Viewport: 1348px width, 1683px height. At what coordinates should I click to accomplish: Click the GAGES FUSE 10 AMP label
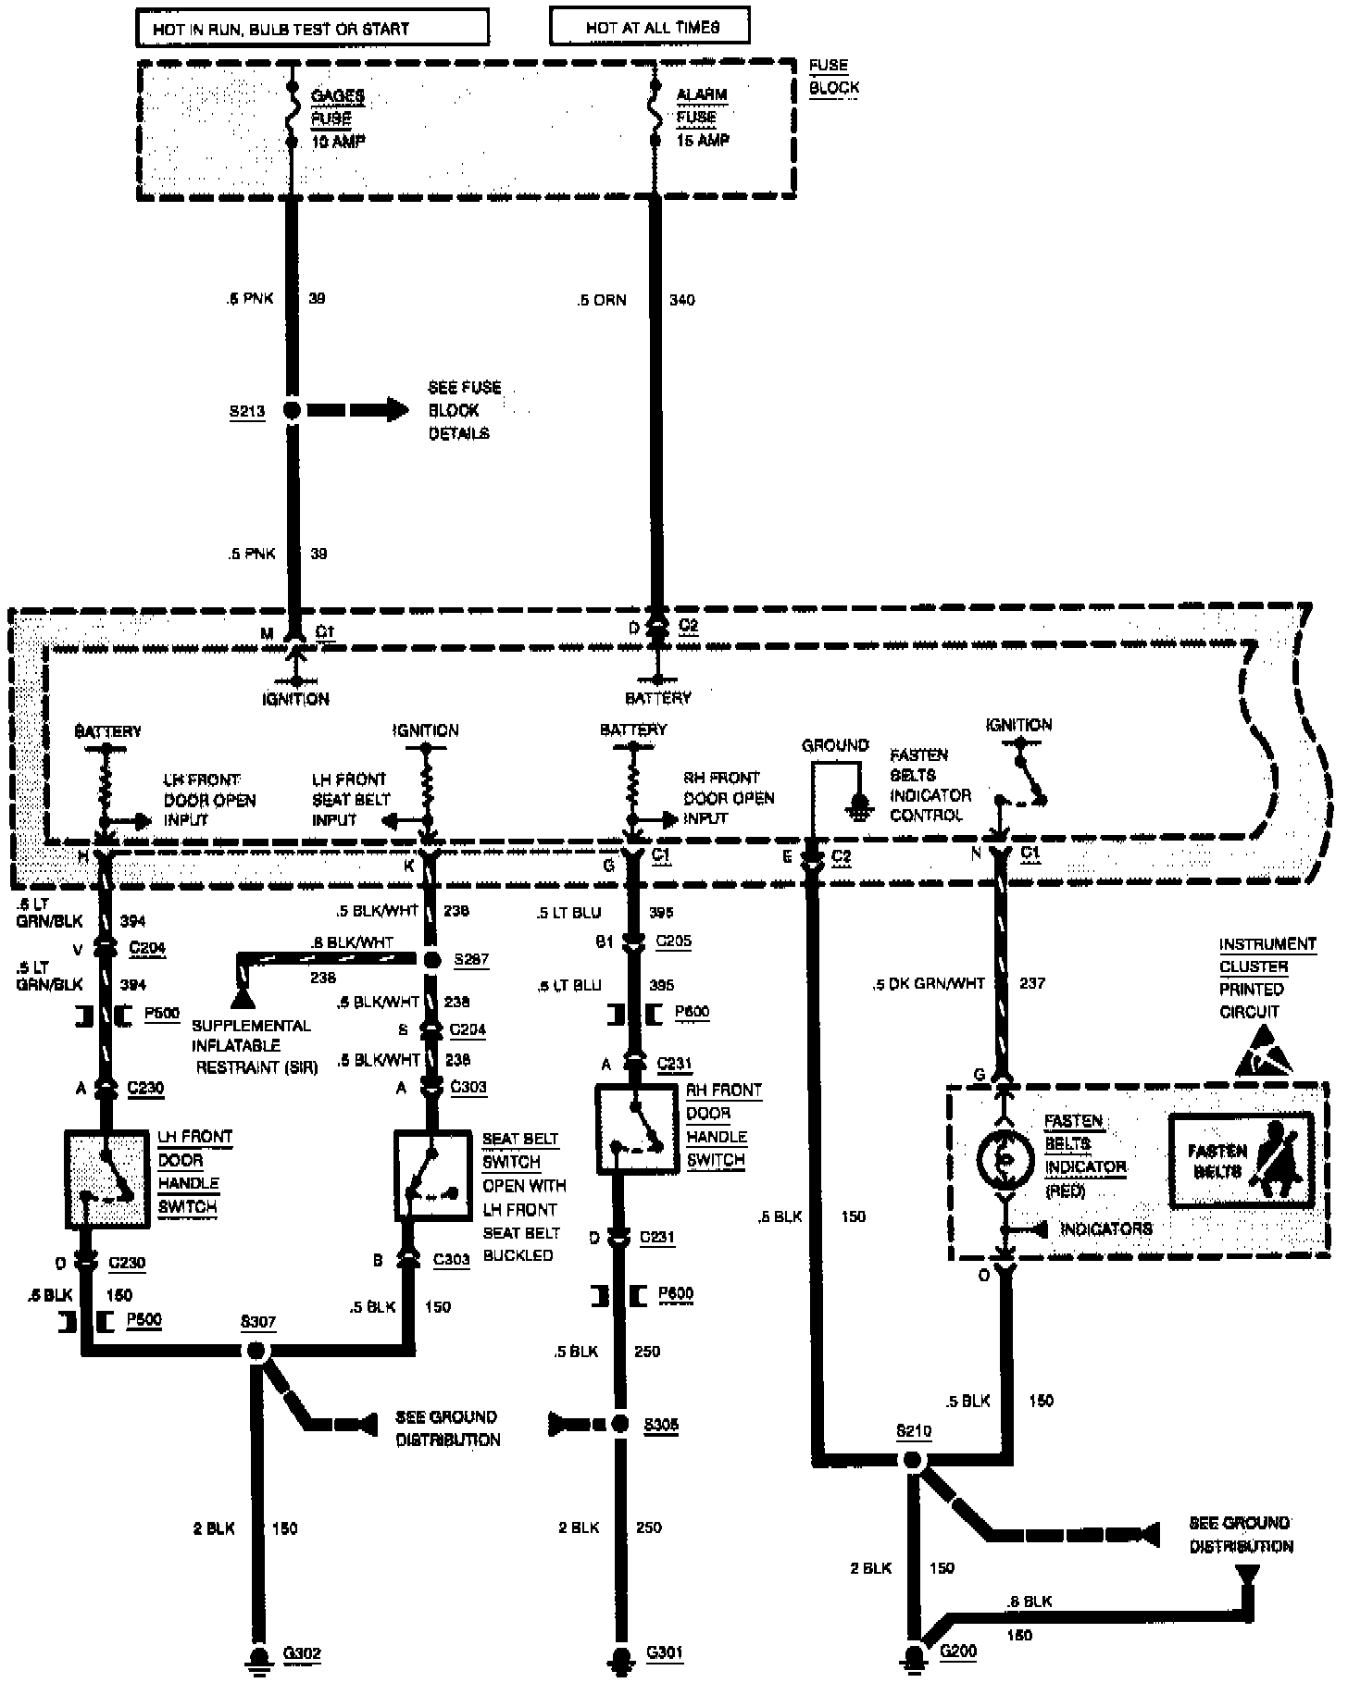338,118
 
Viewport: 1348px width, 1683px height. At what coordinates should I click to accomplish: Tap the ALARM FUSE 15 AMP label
702,118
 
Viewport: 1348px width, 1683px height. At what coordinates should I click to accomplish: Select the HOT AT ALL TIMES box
650,27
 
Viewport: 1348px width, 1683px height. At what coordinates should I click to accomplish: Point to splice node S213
292,410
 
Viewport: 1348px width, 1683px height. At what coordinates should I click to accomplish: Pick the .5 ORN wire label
601,300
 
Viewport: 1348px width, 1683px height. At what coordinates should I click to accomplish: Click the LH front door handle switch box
107,1178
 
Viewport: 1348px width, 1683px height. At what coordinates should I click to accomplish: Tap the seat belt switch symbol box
432,1175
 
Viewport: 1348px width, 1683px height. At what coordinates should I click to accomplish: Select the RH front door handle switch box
638,1128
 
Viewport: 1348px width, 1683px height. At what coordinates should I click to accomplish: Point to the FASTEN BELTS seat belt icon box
1242,1161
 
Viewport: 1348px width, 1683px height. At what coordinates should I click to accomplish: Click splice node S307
256,1351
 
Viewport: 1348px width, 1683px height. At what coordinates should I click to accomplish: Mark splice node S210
912,1460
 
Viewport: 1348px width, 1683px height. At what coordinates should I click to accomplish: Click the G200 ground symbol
914,1655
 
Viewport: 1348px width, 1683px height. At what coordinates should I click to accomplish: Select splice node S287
431,959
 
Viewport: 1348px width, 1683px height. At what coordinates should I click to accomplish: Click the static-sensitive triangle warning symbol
1265,1053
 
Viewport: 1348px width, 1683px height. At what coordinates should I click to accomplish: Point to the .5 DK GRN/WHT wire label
929,984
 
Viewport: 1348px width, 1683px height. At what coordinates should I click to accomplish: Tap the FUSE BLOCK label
833,77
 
